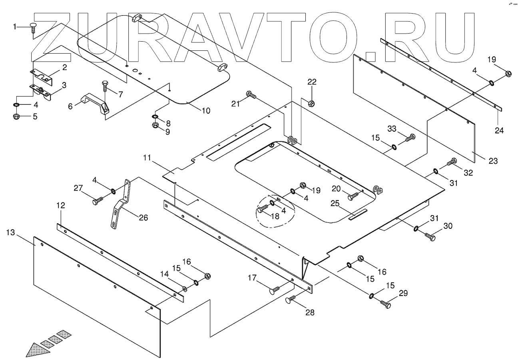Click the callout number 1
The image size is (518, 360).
pos(15,27)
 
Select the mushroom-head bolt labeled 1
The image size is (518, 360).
pos(34,28)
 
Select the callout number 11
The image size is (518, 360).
pos(147,158)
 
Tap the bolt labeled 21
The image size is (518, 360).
pos(251,95)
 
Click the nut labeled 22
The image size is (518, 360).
pos(312,103)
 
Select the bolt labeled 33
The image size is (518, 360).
pos(410,138)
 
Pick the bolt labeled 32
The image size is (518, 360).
pos(452,162)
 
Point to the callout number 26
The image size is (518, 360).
pos(143,218)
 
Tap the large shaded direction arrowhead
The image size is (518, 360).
pos(37,350)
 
